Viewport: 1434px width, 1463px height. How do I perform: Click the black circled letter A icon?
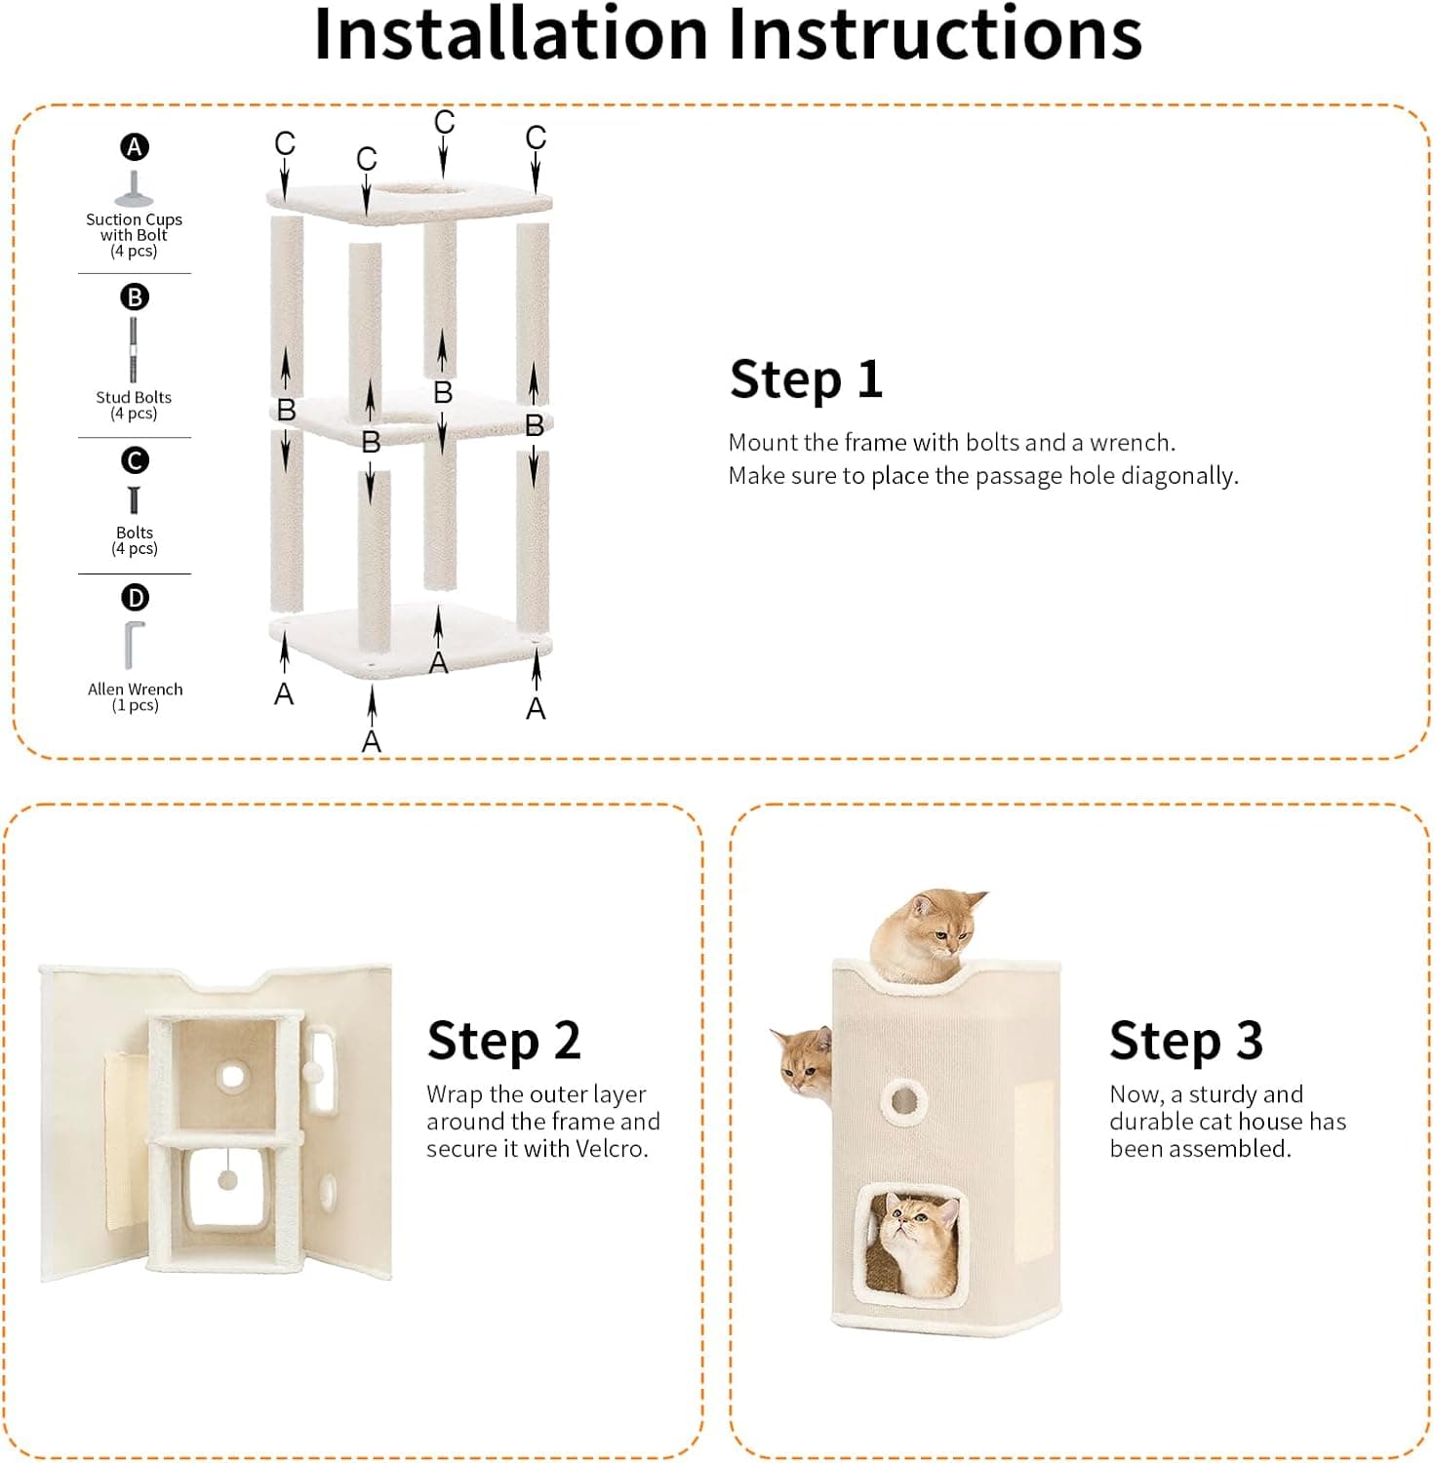tap(135, 147)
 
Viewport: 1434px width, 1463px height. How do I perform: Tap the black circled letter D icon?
tap(135, 597)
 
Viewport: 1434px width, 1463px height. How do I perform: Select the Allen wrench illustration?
tap(134, 645)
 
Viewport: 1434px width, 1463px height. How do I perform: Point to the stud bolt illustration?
tap(134, 350)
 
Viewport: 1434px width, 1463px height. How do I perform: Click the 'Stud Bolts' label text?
tap(134, 397)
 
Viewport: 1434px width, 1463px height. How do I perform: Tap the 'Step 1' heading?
tap(806, 379)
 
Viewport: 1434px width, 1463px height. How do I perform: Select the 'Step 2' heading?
tap(503, 1041)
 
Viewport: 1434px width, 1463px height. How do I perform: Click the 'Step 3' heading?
tap(1185, 1041)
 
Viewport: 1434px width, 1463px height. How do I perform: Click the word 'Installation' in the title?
tap(509, 35)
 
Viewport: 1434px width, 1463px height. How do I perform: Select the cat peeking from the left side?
tap(803, 1061)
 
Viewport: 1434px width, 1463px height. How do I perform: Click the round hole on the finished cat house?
tap(904, 1101)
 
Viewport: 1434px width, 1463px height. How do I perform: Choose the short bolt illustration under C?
tap(134, 500)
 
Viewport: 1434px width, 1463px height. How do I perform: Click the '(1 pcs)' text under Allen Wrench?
tap(135, 705)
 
